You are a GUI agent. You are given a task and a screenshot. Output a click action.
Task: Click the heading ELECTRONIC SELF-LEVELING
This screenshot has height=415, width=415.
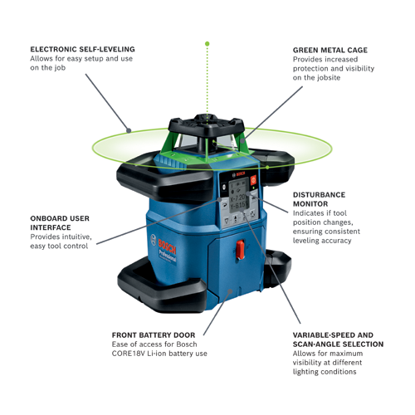(x=82, y=49)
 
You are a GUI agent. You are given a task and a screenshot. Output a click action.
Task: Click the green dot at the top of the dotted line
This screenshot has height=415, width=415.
(x=207, y=42)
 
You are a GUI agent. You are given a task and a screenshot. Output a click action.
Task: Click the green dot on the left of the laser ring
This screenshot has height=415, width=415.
(x=129, y=129)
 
